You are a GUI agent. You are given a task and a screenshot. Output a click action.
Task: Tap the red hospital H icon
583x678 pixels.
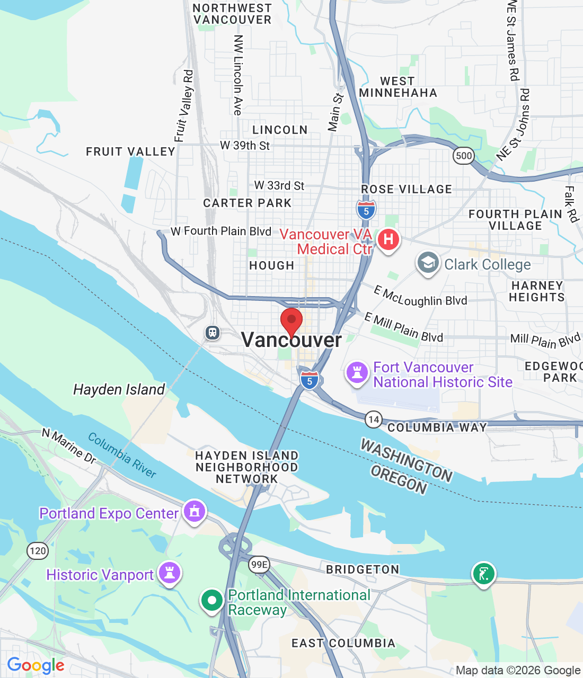[388, 239]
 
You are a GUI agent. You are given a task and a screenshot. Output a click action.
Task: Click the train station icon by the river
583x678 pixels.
[213, 333]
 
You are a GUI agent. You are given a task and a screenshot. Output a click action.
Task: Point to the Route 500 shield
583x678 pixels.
[464, 156]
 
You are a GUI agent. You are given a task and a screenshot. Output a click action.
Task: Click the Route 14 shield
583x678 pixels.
[374, 420]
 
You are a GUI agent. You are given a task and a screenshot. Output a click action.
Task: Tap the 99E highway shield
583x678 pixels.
[259, 565]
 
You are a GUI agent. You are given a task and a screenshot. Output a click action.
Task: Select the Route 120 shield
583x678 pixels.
[38, 551]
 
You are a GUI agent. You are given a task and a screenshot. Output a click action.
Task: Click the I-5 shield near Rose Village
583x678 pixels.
[366, 210]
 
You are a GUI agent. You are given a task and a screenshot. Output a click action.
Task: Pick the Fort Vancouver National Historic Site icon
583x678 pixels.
[357, 372]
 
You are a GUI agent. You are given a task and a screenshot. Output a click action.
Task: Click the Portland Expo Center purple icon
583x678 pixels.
[195, 512]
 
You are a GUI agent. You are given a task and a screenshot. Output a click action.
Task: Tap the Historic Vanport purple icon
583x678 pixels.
[170, 573]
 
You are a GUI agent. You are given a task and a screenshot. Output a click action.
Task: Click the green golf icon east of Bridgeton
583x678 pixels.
[483, 574]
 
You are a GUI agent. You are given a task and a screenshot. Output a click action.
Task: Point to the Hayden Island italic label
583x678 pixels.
[119, 390]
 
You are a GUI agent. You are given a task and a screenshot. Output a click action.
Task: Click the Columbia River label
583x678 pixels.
[122, 455]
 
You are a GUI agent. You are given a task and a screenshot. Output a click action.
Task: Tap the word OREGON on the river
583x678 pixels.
[399, 480]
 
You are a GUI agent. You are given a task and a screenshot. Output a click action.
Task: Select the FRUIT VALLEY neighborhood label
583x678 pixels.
[130, 152]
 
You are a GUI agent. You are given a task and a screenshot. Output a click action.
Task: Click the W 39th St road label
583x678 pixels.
[245, 145]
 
